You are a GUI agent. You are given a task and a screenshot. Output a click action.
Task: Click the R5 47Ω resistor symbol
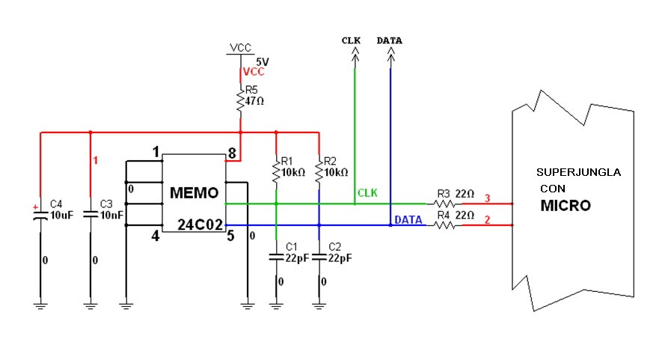(x=240, y=101)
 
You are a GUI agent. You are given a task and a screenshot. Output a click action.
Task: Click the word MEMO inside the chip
(x=194, y=193)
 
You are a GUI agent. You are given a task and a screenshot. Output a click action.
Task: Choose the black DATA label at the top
(x=389, y=40)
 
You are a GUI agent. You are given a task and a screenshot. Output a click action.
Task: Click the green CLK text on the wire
(x=367, y=193)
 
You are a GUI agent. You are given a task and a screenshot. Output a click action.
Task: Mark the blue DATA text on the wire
(x=408, y=219)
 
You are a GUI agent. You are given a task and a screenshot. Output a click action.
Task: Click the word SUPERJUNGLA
(x=578, y=172)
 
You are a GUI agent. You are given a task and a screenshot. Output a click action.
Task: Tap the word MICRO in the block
(x=566, y=205)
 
